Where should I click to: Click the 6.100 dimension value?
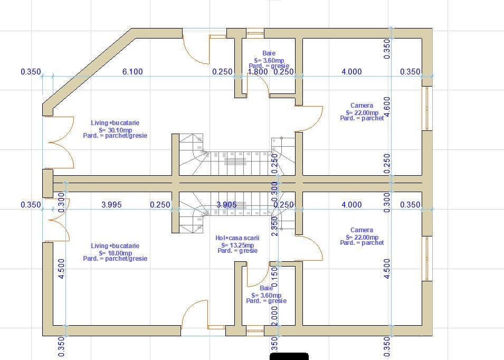(132, 72)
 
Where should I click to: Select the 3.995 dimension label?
(111, 205)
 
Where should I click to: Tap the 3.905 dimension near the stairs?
(227, 205)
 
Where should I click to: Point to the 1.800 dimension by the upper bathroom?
(258, 72)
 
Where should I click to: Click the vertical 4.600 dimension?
(387, 107)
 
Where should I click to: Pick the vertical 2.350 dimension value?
(274, 226)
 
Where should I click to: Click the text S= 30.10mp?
(115, 129)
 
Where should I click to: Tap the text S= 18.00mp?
(115, 253)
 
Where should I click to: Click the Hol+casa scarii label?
(237, 239)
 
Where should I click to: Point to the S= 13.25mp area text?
(237, 245)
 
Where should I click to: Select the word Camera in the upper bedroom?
(362, 106)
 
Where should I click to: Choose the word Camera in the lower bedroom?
(362, 230)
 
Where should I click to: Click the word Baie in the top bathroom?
(269, 53)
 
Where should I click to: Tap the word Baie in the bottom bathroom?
(267, 288)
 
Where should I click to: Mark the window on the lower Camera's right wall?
(427, 259)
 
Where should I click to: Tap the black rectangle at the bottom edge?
(289, 356)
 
